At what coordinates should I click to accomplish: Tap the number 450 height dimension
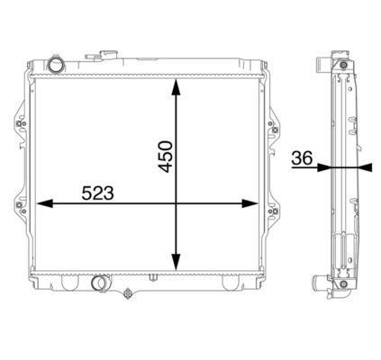click(x=163, y=155)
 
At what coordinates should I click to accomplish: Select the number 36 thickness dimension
click(x=302, y=158)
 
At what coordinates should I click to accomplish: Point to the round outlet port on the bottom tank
click(x=100, y=285)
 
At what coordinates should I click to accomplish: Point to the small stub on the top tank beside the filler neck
click(x=90, y=57)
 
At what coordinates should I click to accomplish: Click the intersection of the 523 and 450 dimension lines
click(x=177, y=204)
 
